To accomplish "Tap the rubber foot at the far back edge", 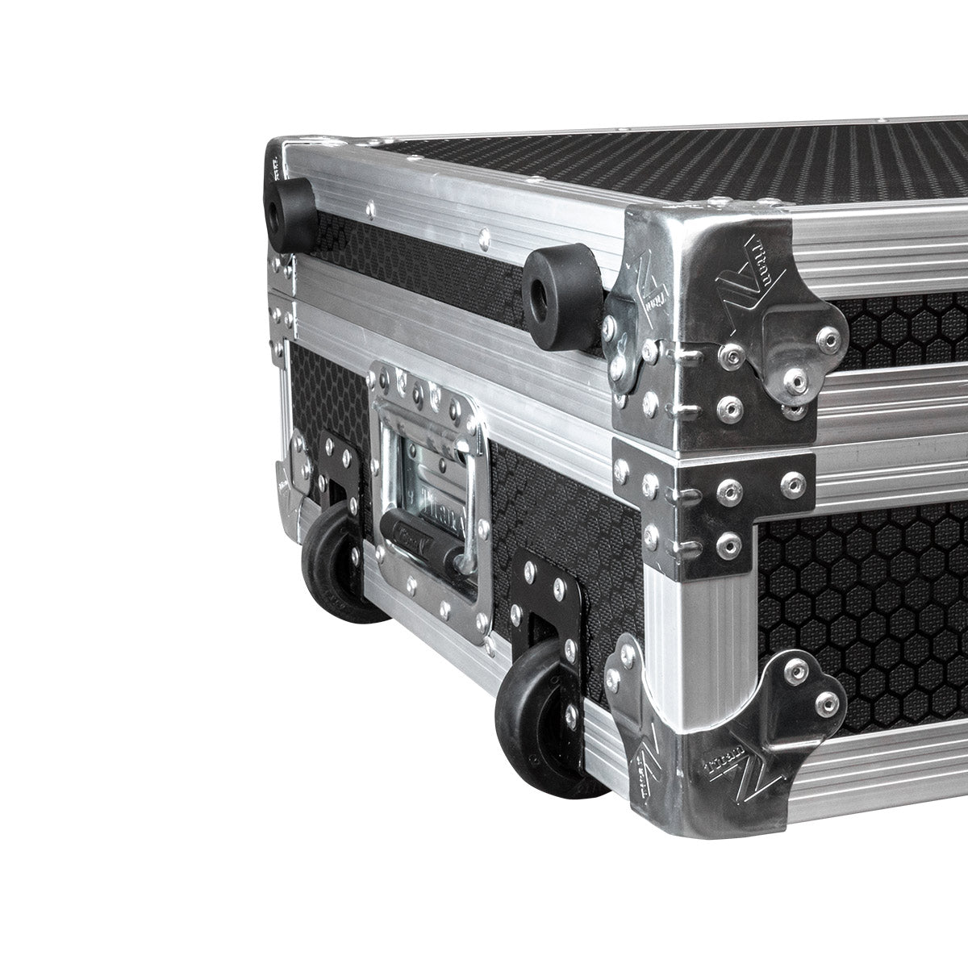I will [x=290, y=212].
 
